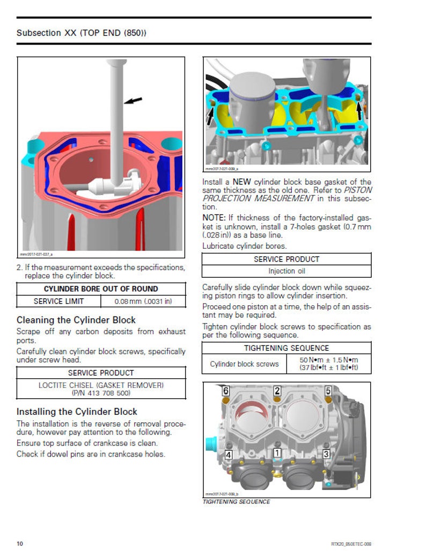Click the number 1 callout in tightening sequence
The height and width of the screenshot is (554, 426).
pos(277,453)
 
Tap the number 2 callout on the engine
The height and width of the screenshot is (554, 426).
pos(277,391)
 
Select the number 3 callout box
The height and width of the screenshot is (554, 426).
pos(326,454)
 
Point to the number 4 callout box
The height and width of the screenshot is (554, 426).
pos(229,455)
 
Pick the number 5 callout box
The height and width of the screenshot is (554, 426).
pos(328,391)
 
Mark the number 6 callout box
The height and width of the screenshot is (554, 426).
pos(226,391)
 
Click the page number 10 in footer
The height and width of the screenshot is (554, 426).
pos(20,544)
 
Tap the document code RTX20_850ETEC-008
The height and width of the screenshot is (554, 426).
pos(351,544)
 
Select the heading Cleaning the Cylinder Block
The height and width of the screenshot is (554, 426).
pos(76,320)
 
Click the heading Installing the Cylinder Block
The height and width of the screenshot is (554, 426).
pos(77,412)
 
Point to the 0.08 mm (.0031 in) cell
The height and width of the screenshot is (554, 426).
pos(143,301)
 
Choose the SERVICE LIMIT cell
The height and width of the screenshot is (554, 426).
pos(58,301)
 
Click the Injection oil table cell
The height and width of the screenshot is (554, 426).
pos(287,271)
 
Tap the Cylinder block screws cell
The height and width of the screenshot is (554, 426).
pos(244,364)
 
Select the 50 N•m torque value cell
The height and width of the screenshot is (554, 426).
pos(329,364)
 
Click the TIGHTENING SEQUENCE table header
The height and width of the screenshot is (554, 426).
pos(287,348)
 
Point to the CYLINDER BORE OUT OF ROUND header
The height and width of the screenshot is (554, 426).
pos(101,289)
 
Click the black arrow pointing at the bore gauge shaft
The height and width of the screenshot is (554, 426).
pos(134,100)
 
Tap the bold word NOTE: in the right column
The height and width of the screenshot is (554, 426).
pos(214,218)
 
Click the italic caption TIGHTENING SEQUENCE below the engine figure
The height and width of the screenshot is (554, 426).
pos(236,502)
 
